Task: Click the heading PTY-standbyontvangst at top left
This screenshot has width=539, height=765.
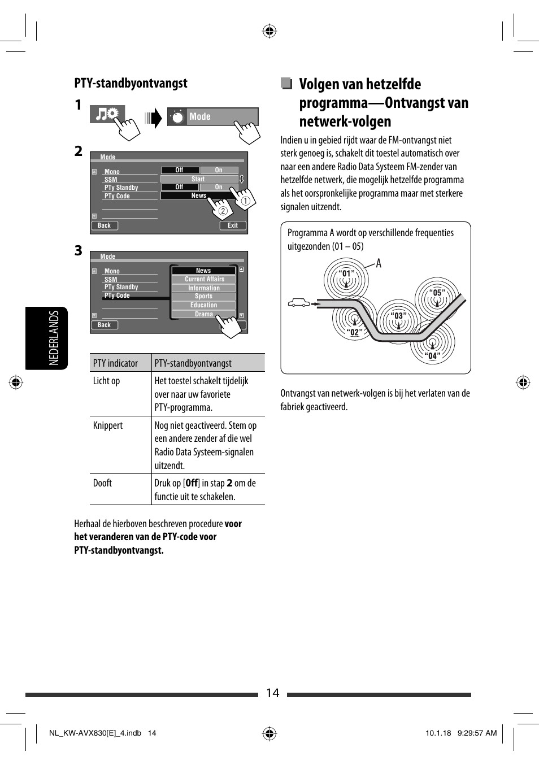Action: (x=131, y=83)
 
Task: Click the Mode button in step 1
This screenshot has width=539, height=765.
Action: (x=212, y=116)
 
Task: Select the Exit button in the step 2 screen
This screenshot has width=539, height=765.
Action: (x=233, y=225)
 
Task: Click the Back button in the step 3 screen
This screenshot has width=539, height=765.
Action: (x=105, y=325)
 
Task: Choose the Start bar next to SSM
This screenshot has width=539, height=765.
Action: (x=198, y=179)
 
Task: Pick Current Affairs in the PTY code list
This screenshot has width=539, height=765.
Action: (x=204, y=279)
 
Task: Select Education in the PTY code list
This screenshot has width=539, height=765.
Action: (x=203, y=305)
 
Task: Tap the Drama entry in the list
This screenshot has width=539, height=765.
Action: (x=203, y=314)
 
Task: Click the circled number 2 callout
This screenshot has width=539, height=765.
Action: (x=223, y=211)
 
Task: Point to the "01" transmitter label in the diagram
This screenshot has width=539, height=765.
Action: (x=346, y=274)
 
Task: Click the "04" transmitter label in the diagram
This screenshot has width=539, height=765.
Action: (x=432, y=356)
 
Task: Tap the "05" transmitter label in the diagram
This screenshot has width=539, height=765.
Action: (x=437, y=293)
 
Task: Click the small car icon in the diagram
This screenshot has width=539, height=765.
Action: (x=299, y=303)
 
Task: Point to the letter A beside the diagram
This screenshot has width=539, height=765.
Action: (x=379, y=263)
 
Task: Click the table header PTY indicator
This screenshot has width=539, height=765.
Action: (x=115, y=363)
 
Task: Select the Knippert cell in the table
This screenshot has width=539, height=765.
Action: (x=108, y=425)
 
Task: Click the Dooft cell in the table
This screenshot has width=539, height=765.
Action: (x=102, y=483)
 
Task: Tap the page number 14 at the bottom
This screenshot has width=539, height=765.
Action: (x=272, y=693)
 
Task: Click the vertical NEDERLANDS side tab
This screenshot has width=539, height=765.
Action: (x=54, y=338)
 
